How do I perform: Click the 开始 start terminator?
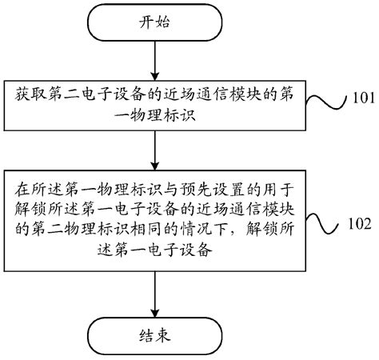[x=150, y=22]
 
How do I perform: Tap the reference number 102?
[x=357, y=226]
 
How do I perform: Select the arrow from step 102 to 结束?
[x=150, y=293]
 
